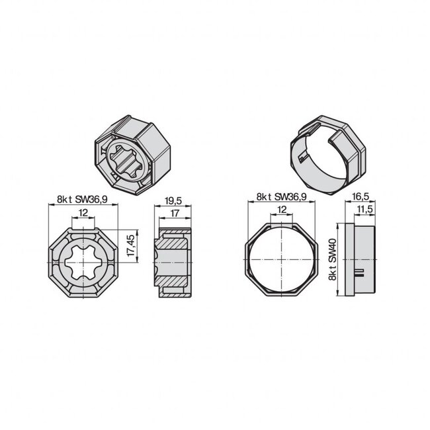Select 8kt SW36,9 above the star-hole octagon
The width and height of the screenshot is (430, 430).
pyautogui.click(x=81, y=198)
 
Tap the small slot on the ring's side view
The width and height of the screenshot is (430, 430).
pyautogui.click(x=360, y=271)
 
